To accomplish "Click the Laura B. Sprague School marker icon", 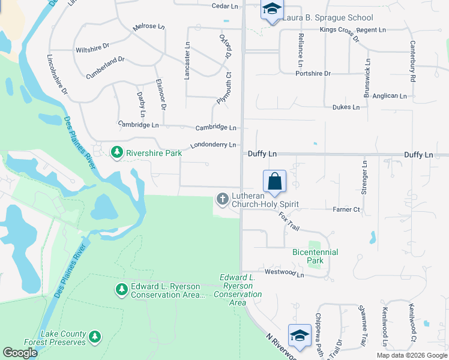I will coord(272,10).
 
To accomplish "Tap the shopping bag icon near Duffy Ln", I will coord(274,181).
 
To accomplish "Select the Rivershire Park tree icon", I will coord(118,153).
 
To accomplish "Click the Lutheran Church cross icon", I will coord(223,199).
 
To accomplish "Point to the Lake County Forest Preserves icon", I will coord(94,338).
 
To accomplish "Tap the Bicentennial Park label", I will coord(315,256).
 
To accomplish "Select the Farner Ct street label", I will coord(346,209).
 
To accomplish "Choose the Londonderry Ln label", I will coord(213,145).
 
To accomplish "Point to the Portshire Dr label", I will coord(313,73).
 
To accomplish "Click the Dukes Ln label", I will coord(346,107).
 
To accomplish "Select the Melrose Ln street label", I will coord(149,27).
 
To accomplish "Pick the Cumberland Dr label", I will coord(105,60).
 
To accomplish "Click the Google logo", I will coord(20,353).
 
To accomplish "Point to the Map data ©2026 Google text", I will coord(411,355).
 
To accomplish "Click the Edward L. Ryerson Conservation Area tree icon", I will coord(121,290).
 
